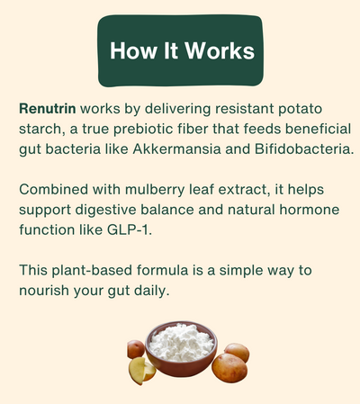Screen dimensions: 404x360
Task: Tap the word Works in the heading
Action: tap(216, 49)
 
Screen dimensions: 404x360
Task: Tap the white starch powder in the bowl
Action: tap(181, 346)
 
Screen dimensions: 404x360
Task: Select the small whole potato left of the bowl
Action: tap(135, 349)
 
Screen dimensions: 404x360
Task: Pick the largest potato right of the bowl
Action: tap(229, 370)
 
